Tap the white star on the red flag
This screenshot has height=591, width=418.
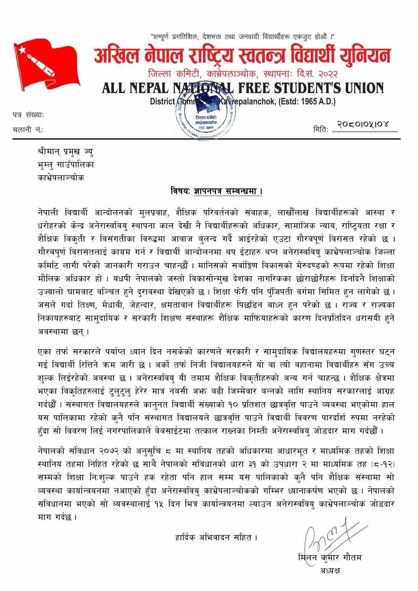tap(22, 50)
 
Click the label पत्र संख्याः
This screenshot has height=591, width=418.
tap(28, 115)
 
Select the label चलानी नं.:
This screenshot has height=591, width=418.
tap(28, 130)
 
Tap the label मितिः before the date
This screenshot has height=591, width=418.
tap(320, 130)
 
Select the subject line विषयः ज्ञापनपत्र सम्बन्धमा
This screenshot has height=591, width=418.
tap(216, 191)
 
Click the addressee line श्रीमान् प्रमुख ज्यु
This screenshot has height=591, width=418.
tap(65, 152)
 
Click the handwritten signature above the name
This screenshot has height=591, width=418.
tap(329, 536)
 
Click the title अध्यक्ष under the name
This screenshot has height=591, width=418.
tap(330, 570)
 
